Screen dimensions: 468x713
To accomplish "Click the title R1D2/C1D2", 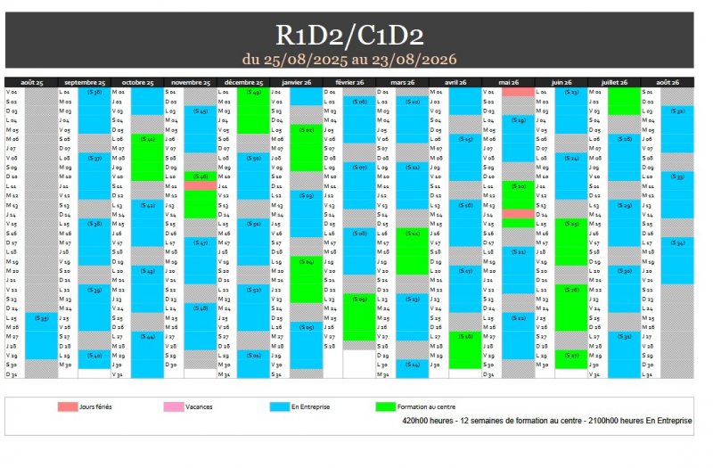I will pos(348,34).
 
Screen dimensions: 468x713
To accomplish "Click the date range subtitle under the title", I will pos(348,59).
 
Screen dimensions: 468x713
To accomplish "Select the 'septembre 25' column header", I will pos(85,82).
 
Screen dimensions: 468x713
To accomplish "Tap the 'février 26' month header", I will pos(349,82).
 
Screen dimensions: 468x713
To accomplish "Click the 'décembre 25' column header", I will pos(242,82).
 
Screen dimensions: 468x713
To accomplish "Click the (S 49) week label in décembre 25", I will pos(253,92).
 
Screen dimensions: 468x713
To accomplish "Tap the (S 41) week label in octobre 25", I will pos(148,139).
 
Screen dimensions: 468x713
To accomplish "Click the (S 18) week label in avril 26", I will pos(464,336).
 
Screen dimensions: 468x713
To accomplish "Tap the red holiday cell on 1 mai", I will pos(517,92).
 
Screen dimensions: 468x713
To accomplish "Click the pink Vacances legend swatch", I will pos(174,406).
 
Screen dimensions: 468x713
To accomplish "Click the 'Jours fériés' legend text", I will pos(95,406).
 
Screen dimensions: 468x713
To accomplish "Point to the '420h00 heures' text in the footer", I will pos(422,419).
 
